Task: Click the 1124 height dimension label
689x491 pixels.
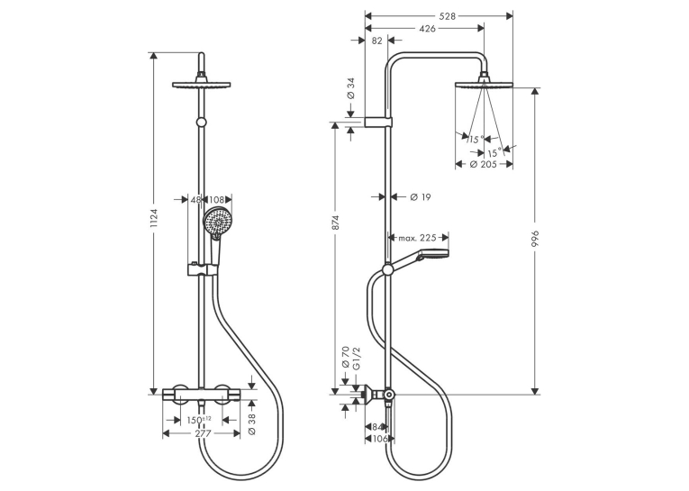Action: click(x=154, y=218)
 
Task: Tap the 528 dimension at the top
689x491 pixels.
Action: click(x=448, y=16)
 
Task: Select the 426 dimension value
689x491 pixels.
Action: click(x=427, y=29)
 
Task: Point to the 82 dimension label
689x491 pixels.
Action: click(x=376, y=41)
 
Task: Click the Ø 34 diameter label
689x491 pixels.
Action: click(x=350, y=88)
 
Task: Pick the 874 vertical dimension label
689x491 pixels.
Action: click(x=335, y=223)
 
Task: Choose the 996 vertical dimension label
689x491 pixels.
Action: click(x=535, y=239)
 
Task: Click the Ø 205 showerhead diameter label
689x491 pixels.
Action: click(x=483, y=164)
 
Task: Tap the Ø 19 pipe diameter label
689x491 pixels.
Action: click(x=421, y=197)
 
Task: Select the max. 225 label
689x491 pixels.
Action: click(x=417, y=238)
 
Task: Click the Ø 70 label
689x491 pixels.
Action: click(x=345, y=358)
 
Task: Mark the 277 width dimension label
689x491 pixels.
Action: click(x=203, y=433)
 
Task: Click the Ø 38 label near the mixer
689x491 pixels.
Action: click(x=252, y=424)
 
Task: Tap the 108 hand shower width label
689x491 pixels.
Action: click(x=216, y=200)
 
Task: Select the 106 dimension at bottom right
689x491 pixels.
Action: click(x=380, y=439)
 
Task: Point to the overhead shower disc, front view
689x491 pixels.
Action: click(x=202, y=85)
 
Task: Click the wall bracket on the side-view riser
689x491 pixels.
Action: click(x=378, y=122)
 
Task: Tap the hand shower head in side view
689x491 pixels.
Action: click(x=434, y=254)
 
